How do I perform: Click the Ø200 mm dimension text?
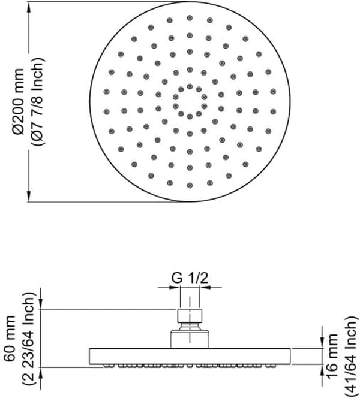tap(18, 101)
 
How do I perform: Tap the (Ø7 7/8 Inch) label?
tap(38, 101)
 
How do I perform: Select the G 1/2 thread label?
tap(190, 278)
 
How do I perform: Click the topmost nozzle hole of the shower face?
tap(190, 18)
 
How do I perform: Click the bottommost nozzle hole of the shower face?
tap(190, 186)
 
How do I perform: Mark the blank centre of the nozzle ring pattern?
tap(190, 101)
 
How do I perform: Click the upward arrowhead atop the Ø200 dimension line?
tap(29, 7)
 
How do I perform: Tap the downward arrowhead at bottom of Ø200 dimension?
tap(29, 196)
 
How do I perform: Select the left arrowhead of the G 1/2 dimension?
tap(175, 287)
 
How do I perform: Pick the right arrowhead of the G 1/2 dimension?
tap(205, 287)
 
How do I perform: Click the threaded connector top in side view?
tap(190, 316)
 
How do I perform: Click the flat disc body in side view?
tap(190, 357)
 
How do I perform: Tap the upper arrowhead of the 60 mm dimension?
tap(41, 304)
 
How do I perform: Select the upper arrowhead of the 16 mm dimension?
tap(322, 343)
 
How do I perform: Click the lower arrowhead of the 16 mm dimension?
tap(322, 370)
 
